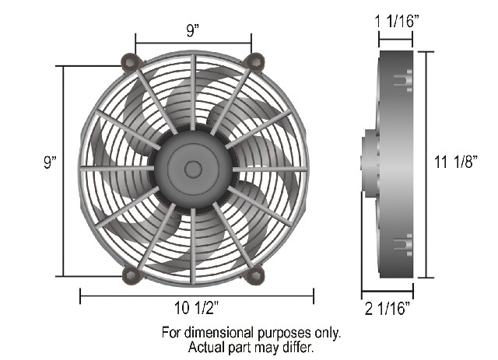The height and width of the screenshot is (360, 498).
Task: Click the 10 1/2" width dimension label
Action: (x=197, y=308)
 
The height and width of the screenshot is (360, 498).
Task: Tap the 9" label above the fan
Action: (x=192, y=30)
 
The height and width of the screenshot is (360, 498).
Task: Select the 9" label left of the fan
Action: (x=50, y=162)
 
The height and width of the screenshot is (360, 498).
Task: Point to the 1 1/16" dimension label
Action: (x=398, y=22)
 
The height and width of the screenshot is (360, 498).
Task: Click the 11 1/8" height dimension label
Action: (x=456, y=162)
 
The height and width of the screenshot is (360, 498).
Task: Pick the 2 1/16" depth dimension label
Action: (x=388, y=309)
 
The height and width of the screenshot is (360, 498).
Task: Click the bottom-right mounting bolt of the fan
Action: (x=254, y=275)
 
